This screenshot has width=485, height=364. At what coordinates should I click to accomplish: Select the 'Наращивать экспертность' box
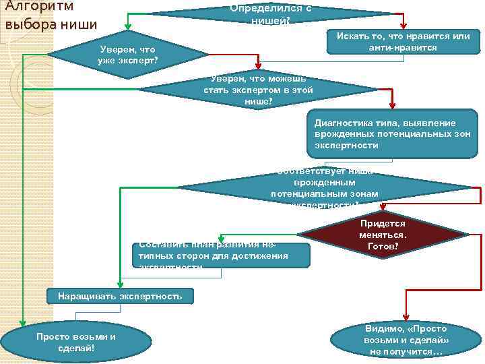120,296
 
